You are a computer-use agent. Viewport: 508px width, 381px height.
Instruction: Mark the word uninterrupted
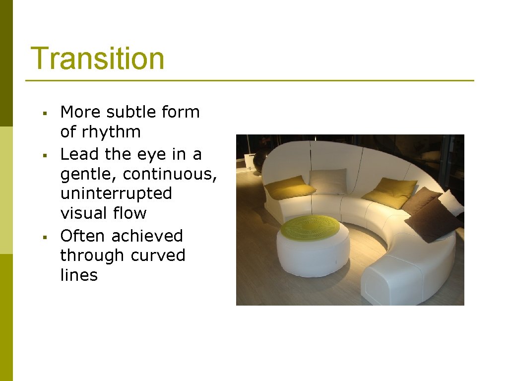click(116, 193)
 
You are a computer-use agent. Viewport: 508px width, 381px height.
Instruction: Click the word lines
click(79, 275)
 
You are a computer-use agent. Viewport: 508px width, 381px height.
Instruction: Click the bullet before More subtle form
click(45, 114)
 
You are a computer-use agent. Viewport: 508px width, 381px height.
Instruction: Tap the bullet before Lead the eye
click(45, 156)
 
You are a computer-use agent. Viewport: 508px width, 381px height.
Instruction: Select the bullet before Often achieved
click(45, 237)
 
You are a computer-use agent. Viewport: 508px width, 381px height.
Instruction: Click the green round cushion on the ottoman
click(311, 227)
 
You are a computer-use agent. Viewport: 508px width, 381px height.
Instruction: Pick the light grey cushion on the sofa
click(328, 182)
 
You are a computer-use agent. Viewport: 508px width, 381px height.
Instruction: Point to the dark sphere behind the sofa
click(260, 161)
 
